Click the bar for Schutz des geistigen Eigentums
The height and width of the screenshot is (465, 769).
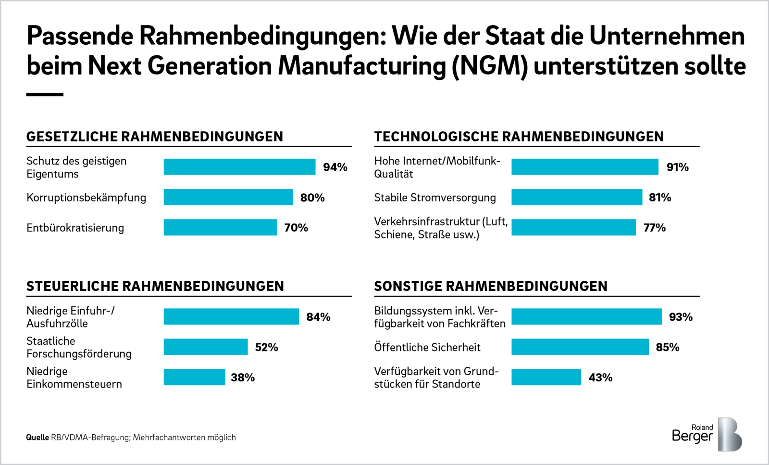(239, 167)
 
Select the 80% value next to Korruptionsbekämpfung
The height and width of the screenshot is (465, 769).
(312, 198)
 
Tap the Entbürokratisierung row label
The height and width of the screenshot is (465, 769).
(75, 228)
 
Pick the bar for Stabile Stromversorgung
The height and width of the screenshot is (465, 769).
(576, 197)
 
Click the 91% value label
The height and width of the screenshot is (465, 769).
(677, 167)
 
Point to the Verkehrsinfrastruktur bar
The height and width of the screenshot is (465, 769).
(573, 227)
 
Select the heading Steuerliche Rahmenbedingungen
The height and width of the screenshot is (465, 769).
(155, 286)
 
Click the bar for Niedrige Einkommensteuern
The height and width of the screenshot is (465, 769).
(194, 377)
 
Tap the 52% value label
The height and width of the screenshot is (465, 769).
(266, 347)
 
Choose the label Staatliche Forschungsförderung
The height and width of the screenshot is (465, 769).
(79, 347)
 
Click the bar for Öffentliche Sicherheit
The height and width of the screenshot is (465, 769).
(580, 347)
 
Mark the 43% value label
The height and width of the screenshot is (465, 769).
(600, 377)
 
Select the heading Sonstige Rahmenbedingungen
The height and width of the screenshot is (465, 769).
(490, 286)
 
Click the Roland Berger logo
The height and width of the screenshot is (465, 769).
(707, 434)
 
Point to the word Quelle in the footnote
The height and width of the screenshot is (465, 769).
(37, 437)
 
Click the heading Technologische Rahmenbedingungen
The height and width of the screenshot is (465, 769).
(519, 137)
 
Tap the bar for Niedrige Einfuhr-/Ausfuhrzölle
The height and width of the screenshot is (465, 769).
(231, 316)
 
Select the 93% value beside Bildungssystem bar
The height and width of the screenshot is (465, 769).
(681, 317)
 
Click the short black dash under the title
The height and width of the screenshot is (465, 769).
(45, 95)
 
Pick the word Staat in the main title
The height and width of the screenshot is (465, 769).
(515, 36)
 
